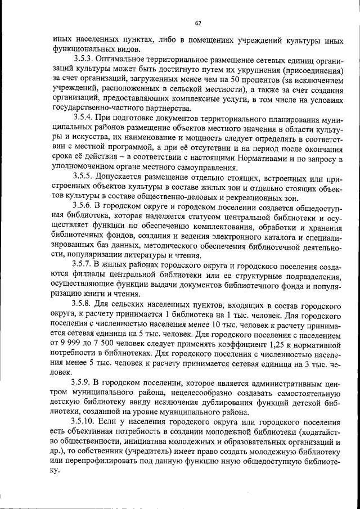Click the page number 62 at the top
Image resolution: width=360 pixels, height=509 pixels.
(197, 23)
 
